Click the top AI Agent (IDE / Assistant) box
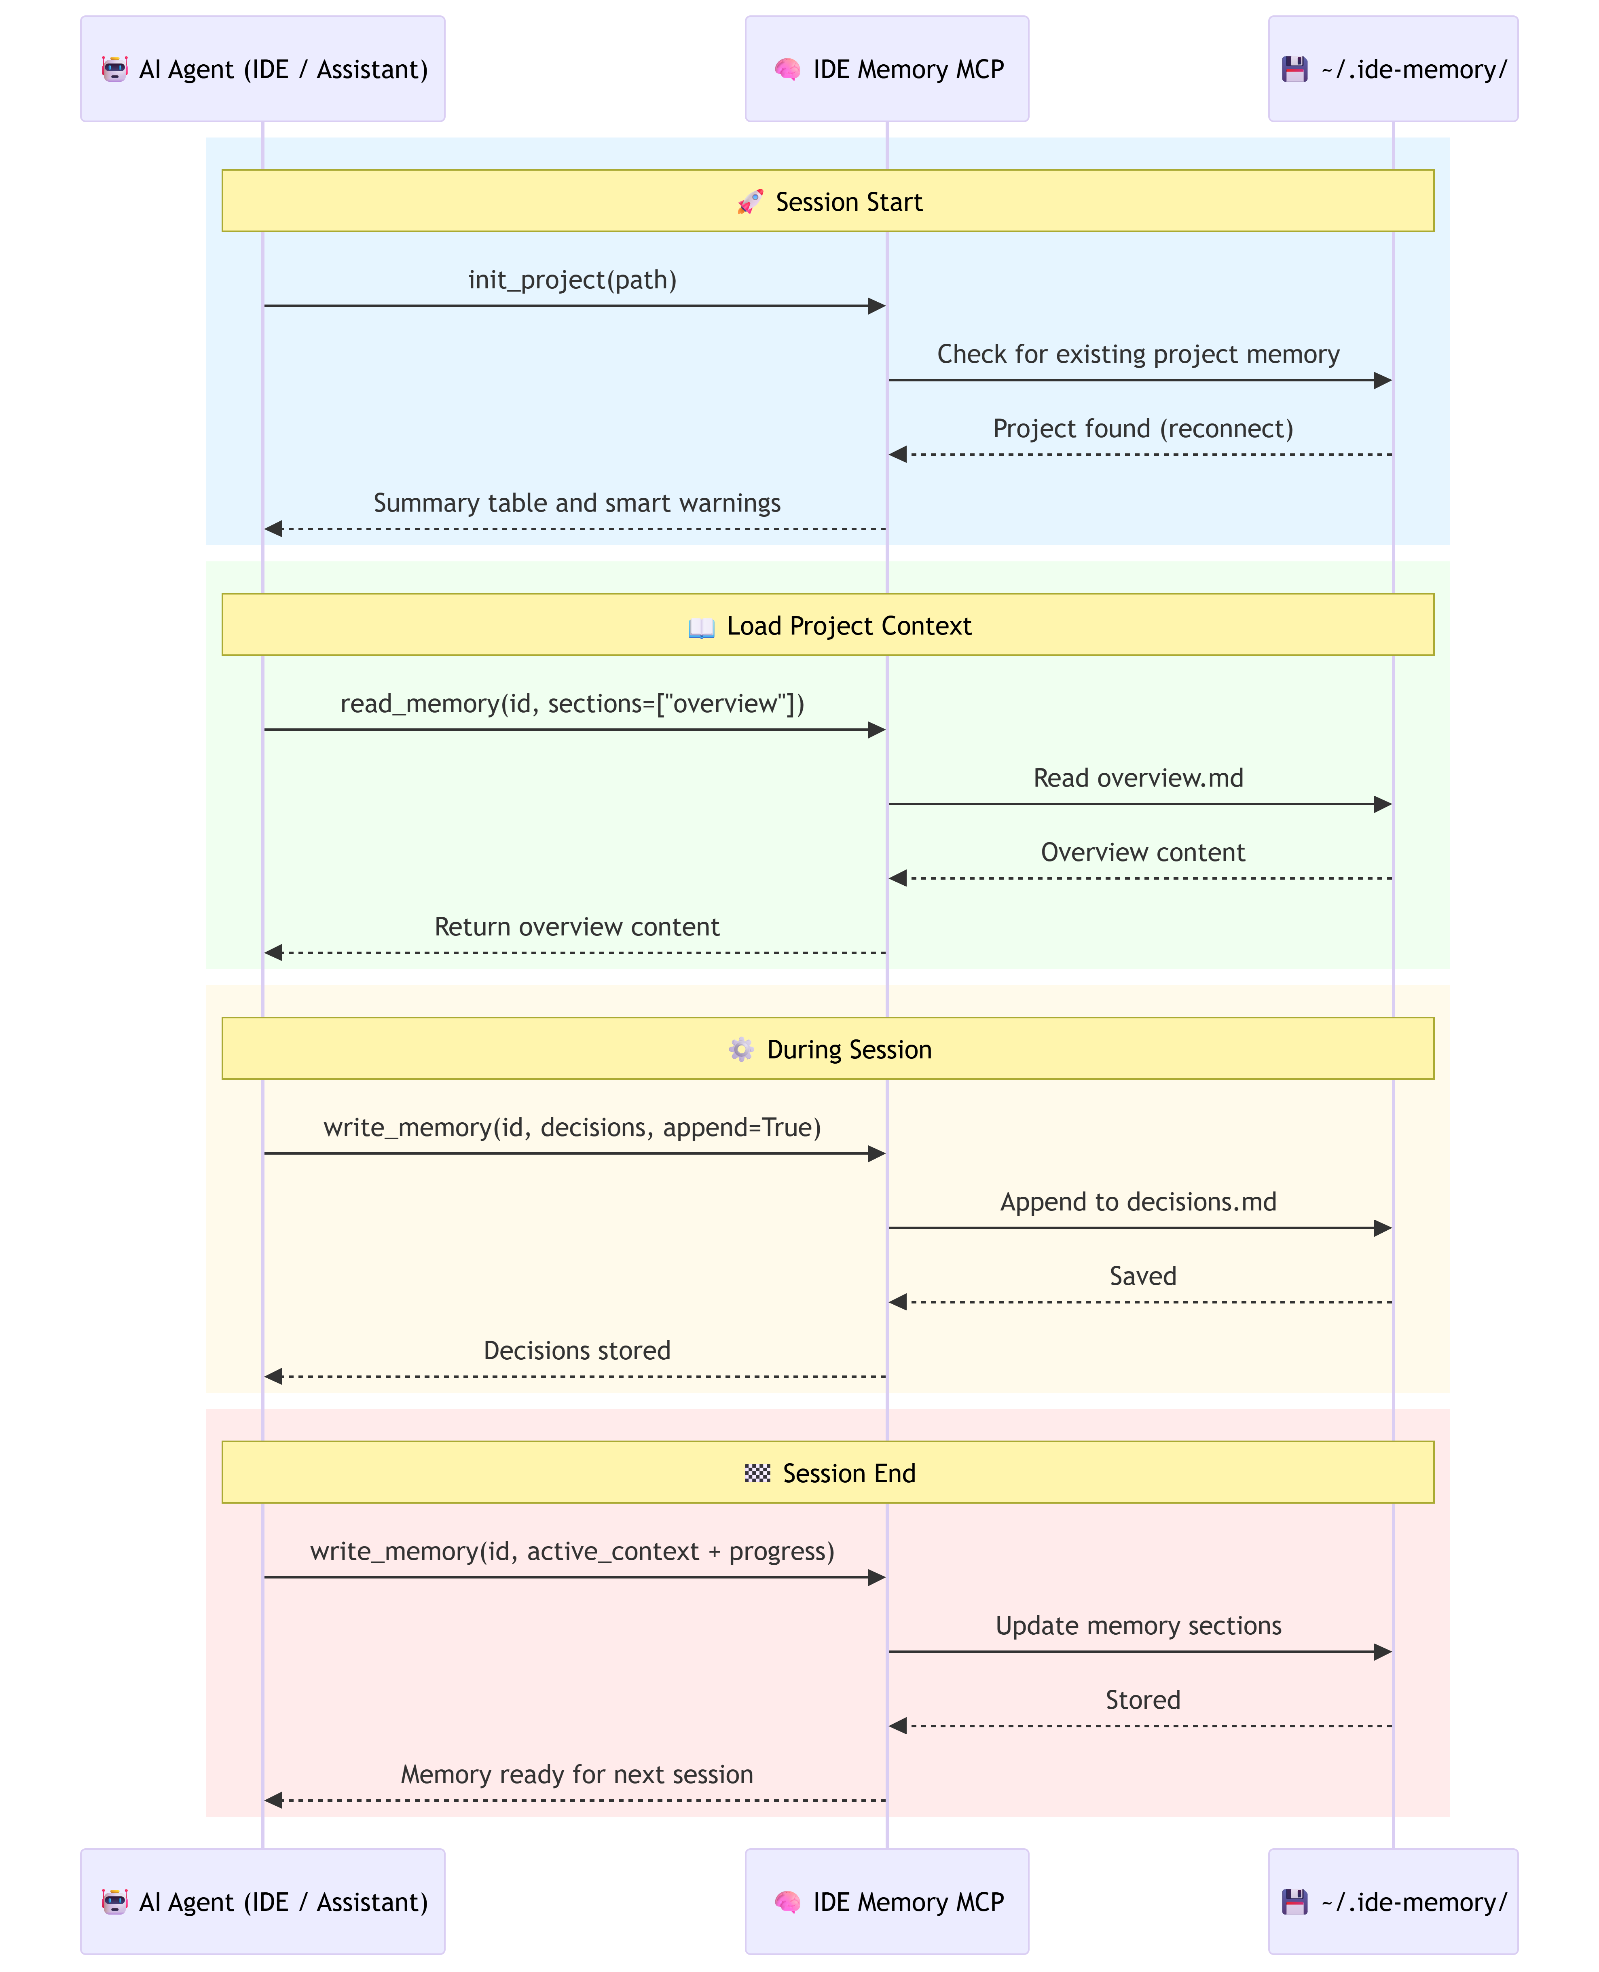click(262, 69)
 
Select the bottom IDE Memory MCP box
click(887, 1902)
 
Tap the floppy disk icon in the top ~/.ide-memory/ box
click(1295, 69)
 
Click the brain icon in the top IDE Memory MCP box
click(787, 69)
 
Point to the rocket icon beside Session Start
click(751, 202)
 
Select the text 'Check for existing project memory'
click(1138, 355)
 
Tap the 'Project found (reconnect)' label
click(1143, 429)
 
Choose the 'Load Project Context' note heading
click(849, 626)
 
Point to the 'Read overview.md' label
click(1138, 778)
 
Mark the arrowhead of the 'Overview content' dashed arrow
click(898, 879)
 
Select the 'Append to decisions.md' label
click(1138, 1202)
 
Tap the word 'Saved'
click(1143, 1277)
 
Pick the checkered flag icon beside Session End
click(757, 1474)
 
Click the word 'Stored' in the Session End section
click(1143, 1700)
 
